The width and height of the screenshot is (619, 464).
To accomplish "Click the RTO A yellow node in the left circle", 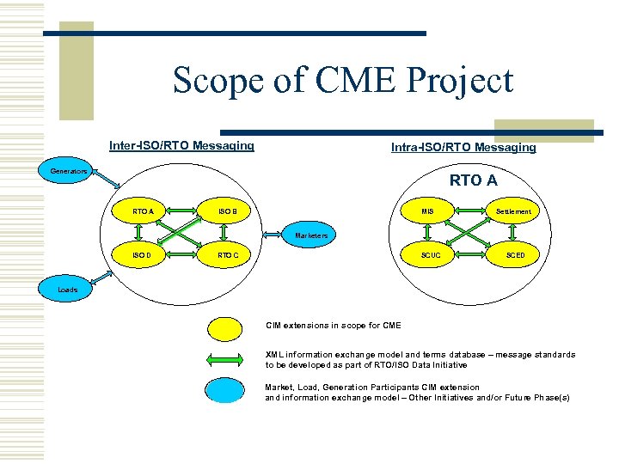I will click(143, 211).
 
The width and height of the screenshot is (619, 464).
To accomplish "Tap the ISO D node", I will click(143, 255).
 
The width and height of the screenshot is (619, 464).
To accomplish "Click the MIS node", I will click(427, 211).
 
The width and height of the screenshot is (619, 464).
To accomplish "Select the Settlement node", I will click(513, 211).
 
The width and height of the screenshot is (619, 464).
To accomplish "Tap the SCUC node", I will click(427, 255).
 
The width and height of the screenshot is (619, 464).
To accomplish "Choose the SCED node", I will click(513, 255).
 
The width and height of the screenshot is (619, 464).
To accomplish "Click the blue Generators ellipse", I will click(68, 172).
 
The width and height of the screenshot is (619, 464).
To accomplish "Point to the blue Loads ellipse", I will click(68, 290).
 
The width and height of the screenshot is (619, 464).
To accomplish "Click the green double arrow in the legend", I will click(225, 359).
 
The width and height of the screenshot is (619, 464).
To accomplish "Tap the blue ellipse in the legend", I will click(225, 390).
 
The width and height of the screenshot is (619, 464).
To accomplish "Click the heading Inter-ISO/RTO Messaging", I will click(181, 145).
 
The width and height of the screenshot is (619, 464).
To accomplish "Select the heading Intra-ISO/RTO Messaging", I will click(463, 147).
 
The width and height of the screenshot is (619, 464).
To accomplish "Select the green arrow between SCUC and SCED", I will click(470, 255).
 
